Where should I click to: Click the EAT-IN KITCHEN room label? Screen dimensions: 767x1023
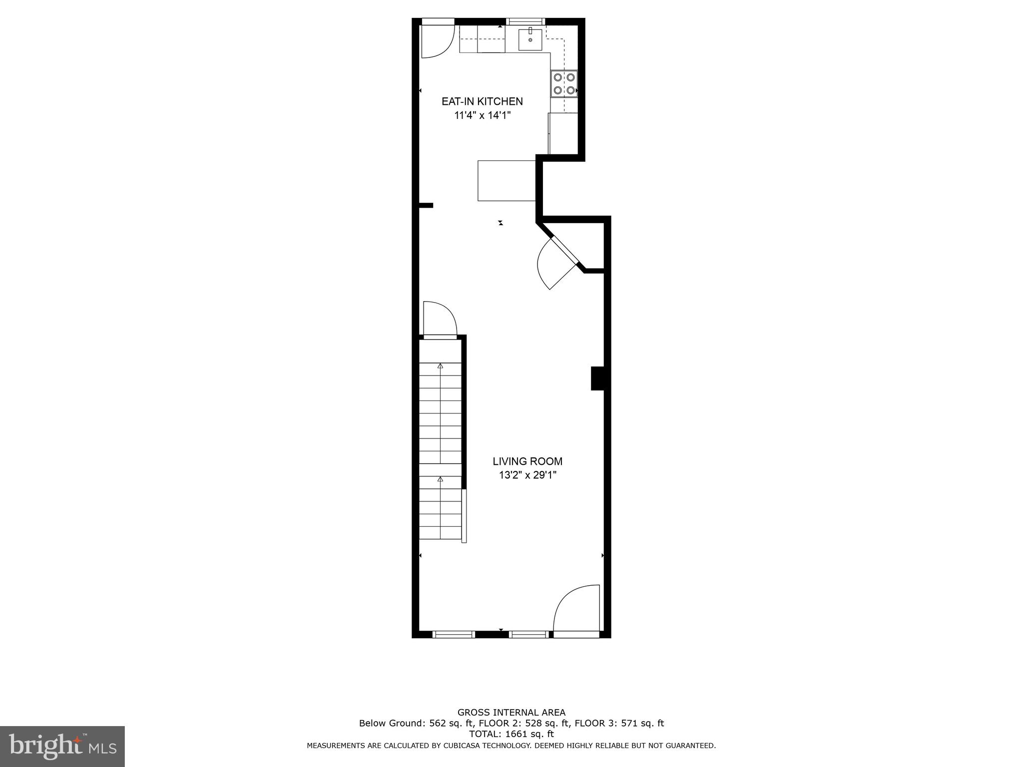[482, 101]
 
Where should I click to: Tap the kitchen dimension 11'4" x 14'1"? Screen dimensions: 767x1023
[482, 116]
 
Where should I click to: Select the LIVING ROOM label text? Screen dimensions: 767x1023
[527, 461]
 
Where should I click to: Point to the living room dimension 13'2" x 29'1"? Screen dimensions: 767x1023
[527, 475]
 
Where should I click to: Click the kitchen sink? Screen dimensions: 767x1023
[530, 39]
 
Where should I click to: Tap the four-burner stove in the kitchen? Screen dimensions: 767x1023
[564, 84]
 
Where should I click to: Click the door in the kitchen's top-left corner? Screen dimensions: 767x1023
[436, 40]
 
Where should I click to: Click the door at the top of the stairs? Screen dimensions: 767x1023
[440, 320]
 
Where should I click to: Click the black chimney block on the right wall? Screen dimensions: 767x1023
[598, 378]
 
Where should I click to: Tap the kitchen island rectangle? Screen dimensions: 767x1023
[507, 180]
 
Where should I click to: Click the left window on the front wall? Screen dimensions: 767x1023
[453, 635]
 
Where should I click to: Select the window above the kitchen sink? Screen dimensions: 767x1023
[525, 21]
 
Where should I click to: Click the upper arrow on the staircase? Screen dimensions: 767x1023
[440, 366]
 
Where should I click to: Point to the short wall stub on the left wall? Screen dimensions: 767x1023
[426, 205]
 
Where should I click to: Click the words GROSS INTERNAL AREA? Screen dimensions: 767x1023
[511, 713]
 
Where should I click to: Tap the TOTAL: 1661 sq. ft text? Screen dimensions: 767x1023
[511, 734]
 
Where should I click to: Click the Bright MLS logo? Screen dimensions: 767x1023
[62, 746]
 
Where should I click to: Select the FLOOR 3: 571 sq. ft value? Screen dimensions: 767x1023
[619, 723]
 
